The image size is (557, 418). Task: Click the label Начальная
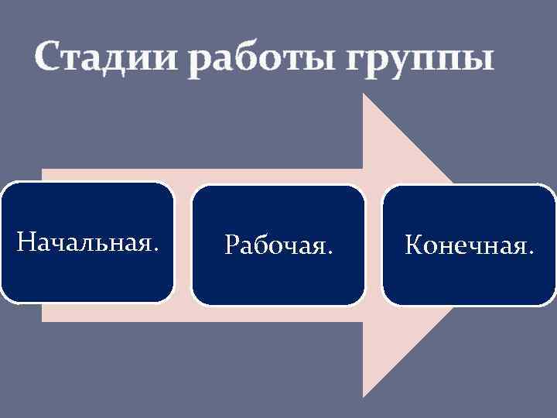tap(89, 243)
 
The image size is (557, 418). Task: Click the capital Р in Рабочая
tap(231, 245)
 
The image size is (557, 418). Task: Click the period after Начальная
tap(158, 250)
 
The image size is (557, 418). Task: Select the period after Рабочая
tap(331, 252)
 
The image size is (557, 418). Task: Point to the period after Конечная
tap(531, 252)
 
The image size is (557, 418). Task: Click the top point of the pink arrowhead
tap(365, 97)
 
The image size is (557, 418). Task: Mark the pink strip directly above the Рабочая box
tap(278, 176)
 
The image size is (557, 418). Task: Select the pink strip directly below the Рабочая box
tap(278, 313)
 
